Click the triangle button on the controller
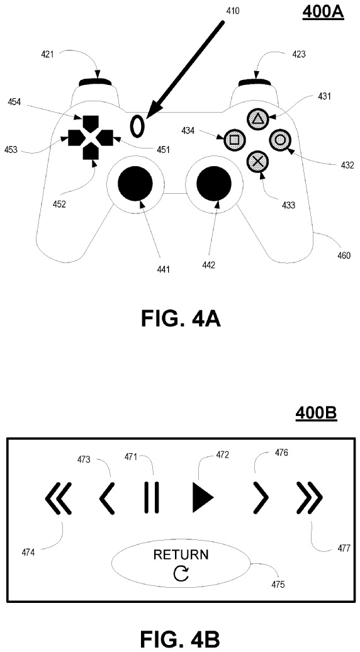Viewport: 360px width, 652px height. pyautogui.click(x=258, y=120)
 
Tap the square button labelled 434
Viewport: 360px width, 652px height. pyautogui.click(x=234, y=139)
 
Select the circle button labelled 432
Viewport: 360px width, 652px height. pyautogui.click(x=280, y=139)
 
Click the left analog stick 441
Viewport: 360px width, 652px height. pyautogui.click(x=135, y=183)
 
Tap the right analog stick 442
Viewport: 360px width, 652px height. pyautogui.click(x=214, y=183)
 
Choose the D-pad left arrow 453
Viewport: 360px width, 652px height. pyautogui.click(x=76, y=137)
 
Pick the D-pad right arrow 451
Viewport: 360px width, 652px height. pyautogui.click(x=105, y=137)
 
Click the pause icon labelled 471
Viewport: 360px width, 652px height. pyautogui.click(x=151, y=497)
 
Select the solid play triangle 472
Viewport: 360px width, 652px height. pyautogui.click(x=203, y=497)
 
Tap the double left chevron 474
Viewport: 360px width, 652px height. pyautogui.click(x=59, y=497)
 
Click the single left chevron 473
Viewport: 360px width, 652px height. pyautogui.click(x=107, y=497)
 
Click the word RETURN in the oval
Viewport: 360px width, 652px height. pyautogui.click(x=181, y=554)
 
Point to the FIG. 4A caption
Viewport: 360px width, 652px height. pyautogui.click(x=181, y=319)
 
